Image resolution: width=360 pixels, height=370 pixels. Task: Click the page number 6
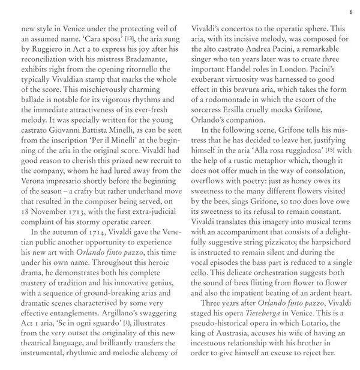(x=350, y=13)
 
